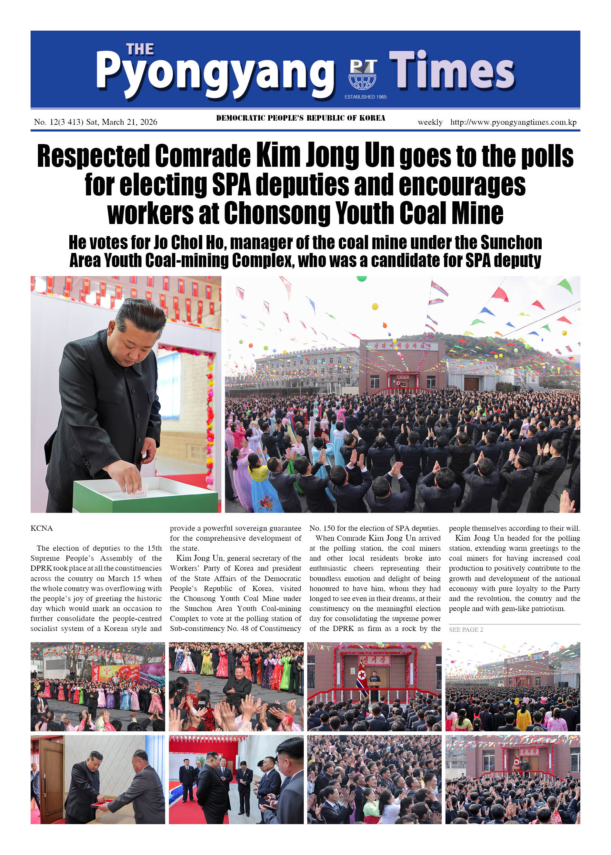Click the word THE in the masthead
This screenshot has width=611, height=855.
[140, 49]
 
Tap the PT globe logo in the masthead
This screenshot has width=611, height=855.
[362, 74]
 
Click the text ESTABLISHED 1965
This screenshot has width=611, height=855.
[365, 97]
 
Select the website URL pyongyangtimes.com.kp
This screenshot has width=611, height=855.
[513, 122]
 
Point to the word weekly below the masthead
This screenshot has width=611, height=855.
[430, 122]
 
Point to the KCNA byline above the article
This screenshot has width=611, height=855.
[41, 528]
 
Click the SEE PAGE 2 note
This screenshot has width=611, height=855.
[466, 629]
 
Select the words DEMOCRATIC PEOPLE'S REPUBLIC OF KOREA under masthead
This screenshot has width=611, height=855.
[301, 118]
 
